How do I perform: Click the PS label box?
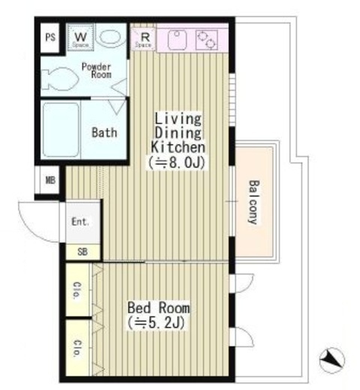[x=50, y=37]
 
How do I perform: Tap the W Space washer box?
[x=80, y=37]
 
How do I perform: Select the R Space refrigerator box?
[x=144, y=38]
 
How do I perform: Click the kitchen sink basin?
[x=176, y=39]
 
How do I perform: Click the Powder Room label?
[x=97, y=70]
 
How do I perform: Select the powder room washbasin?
[x=112, y=37]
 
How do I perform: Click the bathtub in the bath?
[x=61, y=130]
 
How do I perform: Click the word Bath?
[x=104, y=133]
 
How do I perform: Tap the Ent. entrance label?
[x=79, y=222]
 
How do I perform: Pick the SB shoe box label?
[x=82, y=251]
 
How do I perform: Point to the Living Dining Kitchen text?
[x=178, y=132]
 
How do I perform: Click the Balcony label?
[x=253, y=202]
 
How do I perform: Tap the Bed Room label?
[x=158, y=307]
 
